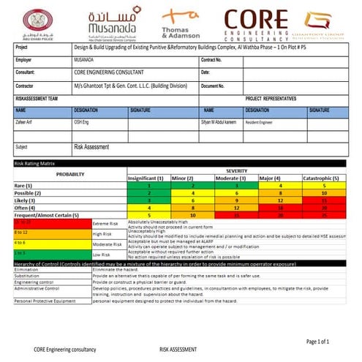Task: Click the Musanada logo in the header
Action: (x=110, y=26)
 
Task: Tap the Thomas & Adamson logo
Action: (x=181, y=26)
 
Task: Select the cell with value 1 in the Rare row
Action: (x=147, y=186)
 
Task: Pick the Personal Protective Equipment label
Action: (x=45, y=301)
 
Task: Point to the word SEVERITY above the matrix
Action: (x=237, y=170)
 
